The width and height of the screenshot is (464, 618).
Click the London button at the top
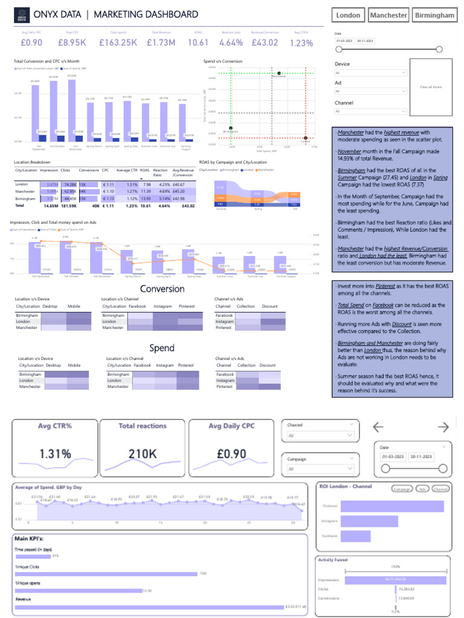[348, 15]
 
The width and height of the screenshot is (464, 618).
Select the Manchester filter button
[388, 15]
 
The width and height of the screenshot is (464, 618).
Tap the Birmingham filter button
[435, 15]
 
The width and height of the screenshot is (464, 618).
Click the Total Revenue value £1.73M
[163, 43]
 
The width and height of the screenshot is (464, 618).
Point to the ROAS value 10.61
[198, 43]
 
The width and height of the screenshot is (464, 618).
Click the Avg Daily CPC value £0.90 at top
[31, 43]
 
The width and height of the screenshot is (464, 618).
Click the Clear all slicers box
[431, 88]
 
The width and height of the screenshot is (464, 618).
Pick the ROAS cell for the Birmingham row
[146, 199]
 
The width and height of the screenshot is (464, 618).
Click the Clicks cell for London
[69, 184]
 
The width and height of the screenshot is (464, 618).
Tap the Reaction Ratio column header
[160, 172]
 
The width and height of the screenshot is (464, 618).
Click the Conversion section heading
[162, 289]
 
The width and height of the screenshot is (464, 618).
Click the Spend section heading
[162, 348]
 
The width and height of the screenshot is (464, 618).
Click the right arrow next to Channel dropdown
[443, 427]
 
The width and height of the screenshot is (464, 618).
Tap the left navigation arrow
[378, 427]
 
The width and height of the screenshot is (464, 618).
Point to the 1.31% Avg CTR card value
[55, 454]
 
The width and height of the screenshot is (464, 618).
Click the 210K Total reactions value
[143, 454]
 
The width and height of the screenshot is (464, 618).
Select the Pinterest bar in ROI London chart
[391, 506]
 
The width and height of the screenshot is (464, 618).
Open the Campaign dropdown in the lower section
[320, 468]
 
